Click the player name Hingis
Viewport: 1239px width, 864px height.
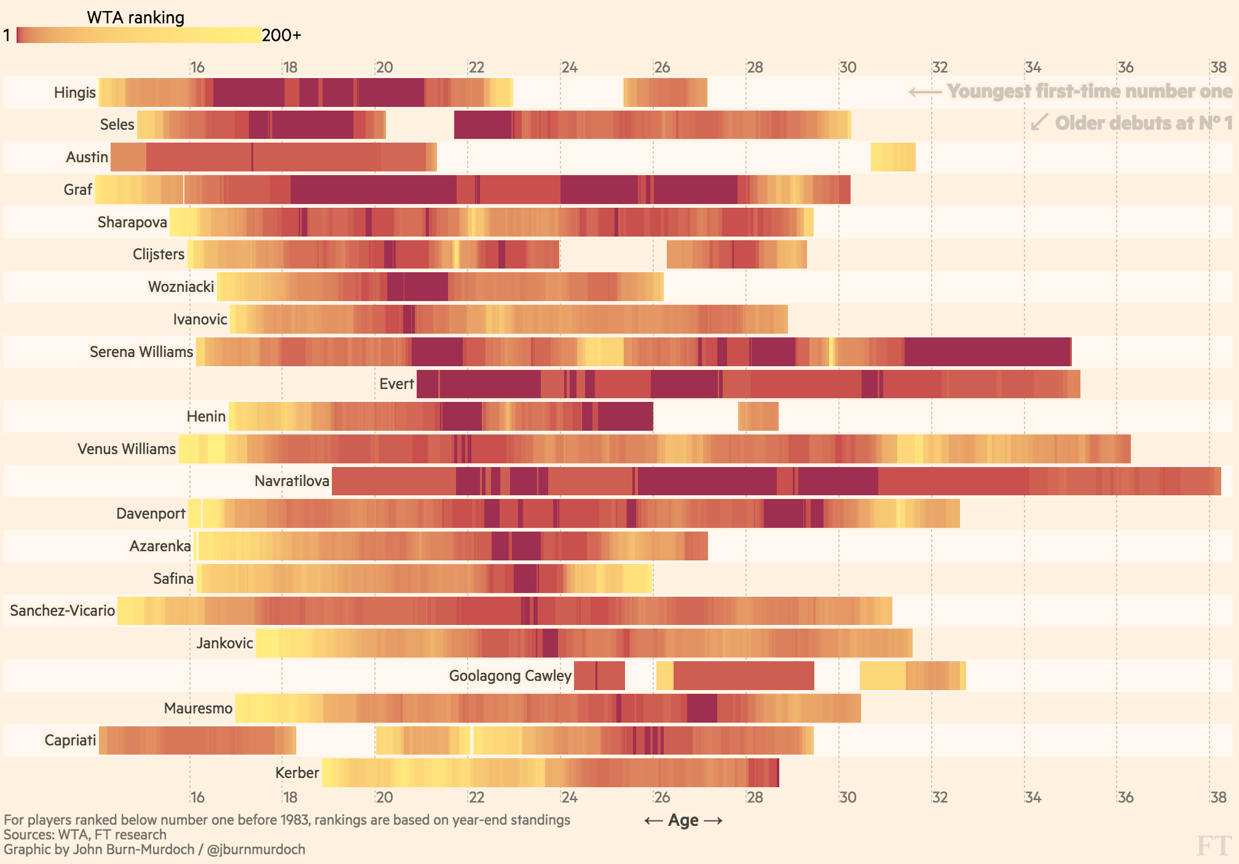(x=74, y=92)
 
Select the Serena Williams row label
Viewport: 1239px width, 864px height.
(x=141, y=351)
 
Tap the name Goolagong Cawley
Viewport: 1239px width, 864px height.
(x=510, y=675)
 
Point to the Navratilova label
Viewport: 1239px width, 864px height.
(x=291, y=481)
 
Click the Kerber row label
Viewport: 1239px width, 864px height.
(x=297, y=772)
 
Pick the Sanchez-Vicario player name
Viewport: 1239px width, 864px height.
(x=62, y=610)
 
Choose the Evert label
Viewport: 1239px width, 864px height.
(x=396, y=384)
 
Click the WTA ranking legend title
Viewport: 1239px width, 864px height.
(x=135, y=17)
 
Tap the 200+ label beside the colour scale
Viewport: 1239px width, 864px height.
(x=281, y=35)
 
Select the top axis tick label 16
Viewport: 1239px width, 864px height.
(x=197, y=67)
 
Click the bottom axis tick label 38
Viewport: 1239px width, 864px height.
(x=1218, y=797)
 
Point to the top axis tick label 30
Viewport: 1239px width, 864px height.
(x=848, y=67)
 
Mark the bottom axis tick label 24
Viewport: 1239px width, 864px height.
(x=569, y=797)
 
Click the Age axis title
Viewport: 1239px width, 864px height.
(x=683, y=820)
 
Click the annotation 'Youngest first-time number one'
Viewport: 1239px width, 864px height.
(x=1089, y=91)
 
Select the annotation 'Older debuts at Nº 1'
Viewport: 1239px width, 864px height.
(x=1143, y=123)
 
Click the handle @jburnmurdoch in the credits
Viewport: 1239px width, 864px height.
(x=256, y=849)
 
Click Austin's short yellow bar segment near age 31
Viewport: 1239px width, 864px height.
(x=893, y=157)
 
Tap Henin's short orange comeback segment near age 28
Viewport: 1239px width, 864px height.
(x=758, y=417)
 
